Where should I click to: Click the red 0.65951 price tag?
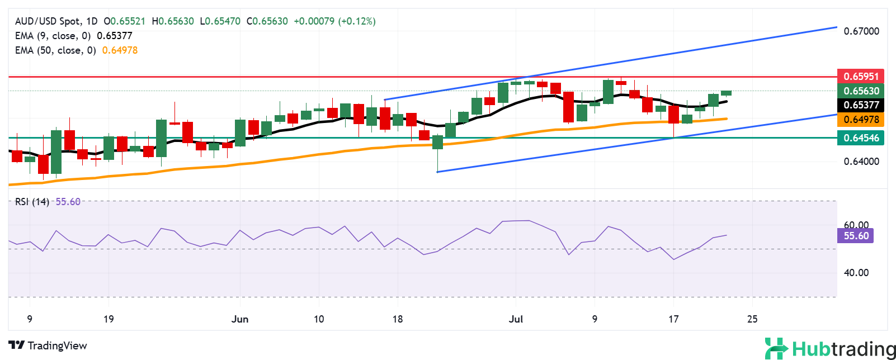pyautogui.click(x=860, y=76)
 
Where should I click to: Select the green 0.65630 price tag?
pyautogui.click(x=860, y=91)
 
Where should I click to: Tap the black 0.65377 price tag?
pyautogui.click(x=860, y=105)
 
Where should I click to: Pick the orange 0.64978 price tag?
pyautogui.click(x=860, y=119)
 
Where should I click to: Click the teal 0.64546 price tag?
pyautogui.click(x=860, y=138)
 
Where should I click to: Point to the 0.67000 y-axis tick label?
pyautogui.click(x=861, y=31)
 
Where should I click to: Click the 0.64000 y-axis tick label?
pyautogui.click(x=861, y=162)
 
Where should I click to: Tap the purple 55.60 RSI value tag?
pyautogui.click(x=856, y=236)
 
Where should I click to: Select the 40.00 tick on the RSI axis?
pyautogui.click(x=856, y=273)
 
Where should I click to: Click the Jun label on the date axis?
pyautogui.click(x=240, y=319)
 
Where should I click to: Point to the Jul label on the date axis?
pyautogui.click(x=516, y=319)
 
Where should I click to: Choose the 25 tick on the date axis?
pyautogui.click(x=752, y=319)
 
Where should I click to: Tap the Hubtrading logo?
pyautogui.click(x=830, y=349)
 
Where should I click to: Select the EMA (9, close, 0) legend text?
pyautogui.click(x=53, y=36)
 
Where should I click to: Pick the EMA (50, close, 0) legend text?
pyautogui.click(x=55, y=50)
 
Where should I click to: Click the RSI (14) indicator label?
pyautogui.click(x=32, y=202)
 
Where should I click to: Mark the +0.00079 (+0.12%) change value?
pyautogui.click(x=334, y=21)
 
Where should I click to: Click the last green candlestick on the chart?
pyautogui.click(x=726, y=93)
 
